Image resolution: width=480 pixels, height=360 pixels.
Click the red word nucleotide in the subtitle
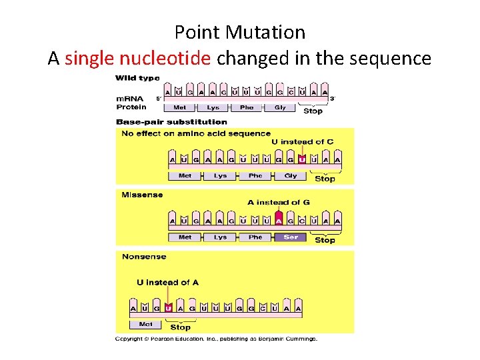[171, 59]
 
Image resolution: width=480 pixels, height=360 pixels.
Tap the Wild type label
[138, 79]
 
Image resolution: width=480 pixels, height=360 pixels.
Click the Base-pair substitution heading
[171, 122]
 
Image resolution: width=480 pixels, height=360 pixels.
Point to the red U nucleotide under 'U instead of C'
[302, 159]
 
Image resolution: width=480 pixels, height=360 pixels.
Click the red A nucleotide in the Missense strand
[279, 221]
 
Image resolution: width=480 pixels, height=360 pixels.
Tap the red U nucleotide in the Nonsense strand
[169, 308]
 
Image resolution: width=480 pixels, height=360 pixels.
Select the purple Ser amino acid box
[291, 237]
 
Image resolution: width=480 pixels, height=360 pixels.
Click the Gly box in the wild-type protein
[280, 107]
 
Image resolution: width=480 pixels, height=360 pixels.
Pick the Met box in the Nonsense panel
[145, 325]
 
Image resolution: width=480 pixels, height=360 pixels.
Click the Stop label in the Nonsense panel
[180, 327]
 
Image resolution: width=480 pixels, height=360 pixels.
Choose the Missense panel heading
[142, 195]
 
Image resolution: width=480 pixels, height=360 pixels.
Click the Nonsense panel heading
[144, 257]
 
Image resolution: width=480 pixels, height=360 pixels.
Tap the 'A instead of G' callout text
[278, 203]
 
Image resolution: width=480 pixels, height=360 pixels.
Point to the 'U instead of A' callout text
[167, 283]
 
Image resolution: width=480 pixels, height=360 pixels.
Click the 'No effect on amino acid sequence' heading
[196, 133]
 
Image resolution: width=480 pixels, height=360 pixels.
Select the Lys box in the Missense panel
[220, 237]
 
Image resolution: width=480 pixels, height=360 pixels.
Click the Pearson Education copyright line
[217, 339]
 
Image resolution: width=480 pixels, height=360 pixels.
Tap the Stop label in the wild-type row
[313, 111]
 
